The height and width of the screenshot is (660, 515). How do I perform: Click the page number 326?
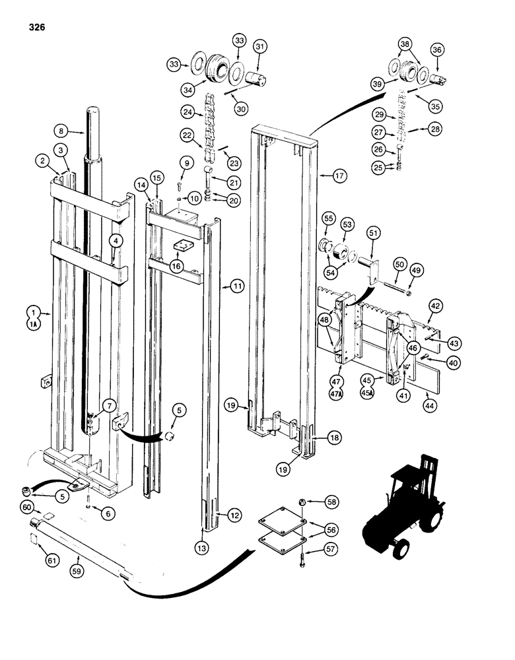click(38, 28)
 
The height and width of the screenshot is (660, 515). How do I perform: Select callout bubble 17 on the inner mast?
click(340, 176)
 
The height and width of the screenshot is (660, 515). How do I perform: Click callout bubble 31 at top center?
click(259, 46)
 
